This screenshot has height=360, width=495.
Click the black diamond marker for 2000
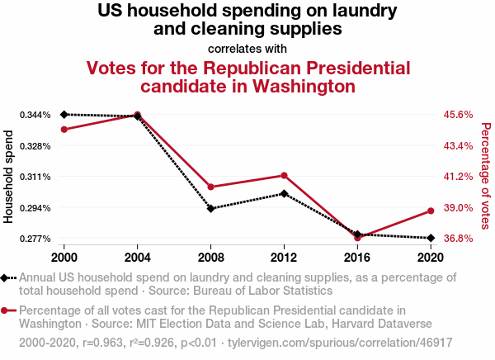64,114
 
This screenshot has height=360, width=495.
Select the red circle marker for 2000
64,129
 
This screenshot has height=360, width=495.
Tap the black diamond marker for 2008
211,208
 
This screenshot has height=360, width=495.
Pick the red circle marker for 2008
211,187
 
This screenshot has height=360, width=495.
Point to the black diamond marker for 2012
284,193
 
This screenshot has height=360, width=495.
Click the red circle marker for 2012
284,175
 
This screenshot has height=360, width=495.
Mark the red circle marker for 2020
431,211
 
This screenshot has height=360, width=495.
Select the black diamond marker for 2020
431,238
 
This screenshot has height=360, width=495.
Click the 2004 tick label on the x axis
138,256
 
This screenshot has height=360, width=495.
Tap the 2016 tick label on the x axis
357,256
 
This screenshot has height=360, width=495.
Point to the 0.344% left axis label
35,114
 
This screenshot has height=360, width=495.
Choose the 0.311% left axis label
35,177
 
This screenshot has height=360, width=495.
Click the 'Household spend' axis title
10,176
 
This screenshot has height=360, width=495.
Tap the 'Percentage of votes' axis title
486,176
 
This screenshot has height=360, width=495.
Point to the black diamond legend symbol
7,278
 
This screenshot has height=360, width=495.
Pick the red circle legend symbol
7,310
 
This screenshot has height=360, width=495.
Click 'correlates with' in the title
247,48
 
